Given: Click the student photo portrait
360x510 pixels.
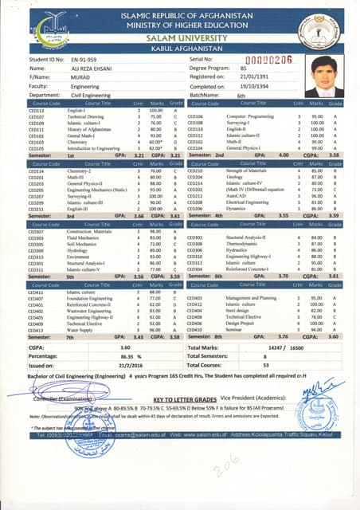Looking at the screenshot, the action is click(x=324, y=76).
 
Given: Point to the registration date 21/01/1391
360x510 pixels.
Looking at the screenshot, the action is click(x=256, y=77).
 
